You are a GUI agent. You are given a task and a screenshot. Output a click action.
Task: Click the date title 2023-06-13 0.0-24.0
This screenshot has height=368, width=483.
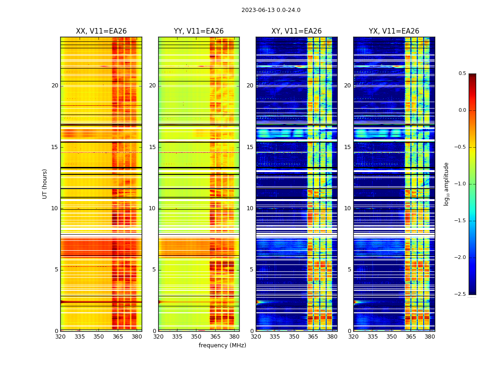(271, 10)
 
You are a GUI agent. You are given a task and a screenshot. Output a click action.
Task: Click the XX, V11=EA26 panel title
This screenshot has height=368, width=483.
(101, 31)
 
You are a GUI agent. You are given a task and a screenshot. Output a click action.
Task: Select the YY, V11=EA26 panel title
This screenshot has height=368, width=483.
(199, 31)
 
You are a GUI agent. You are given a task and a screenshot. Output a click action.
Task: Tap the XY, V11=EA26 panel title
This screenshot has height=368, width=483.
(296, 31)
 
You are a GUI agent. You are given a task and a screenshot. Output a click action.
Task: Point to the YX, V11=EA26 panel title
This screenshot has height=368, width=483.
(394, 31)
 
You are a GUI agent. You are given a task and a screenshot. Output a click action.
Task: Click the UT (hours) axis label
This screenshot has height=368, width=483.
(45, 184)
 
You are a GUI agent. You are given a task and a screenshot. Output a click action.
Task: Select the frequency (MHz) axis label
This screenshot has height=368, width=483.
(222, 345)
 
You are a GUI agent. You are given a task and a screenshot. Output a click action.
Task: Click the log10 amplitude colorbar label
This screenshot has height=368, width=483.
(446, 184)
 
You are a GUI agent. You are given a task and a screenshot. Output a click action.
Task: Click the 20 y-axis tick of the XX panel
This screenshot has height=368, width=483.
(55, 86)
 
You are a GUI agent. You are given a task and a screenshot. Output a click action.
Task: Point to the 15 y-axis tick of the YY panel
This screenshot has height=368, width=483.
(152, 147)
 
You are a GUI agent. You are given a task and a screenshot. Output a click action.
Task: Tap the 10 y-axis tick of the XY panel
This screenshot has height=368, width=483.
(250, 208)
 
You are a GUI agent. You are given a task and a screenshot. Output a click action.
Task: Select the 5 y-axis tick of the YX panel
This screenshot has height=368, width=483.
(349, 270)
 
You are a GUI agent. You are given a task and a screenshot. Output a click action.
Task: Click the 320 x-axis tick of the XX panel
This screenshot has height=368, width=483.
(60, 337)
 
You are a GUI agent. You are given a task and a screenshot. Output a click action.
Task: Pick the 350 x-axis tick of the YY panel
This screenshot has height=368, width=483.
(196, 337)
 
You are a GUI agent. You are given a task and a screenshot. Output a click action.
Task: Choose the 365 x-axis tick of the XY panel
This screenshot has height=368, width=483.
(313, 337)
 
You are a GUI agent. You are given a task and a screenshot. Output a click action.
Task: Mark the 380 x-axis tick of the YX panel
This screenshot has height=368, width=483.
(430, 337)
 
